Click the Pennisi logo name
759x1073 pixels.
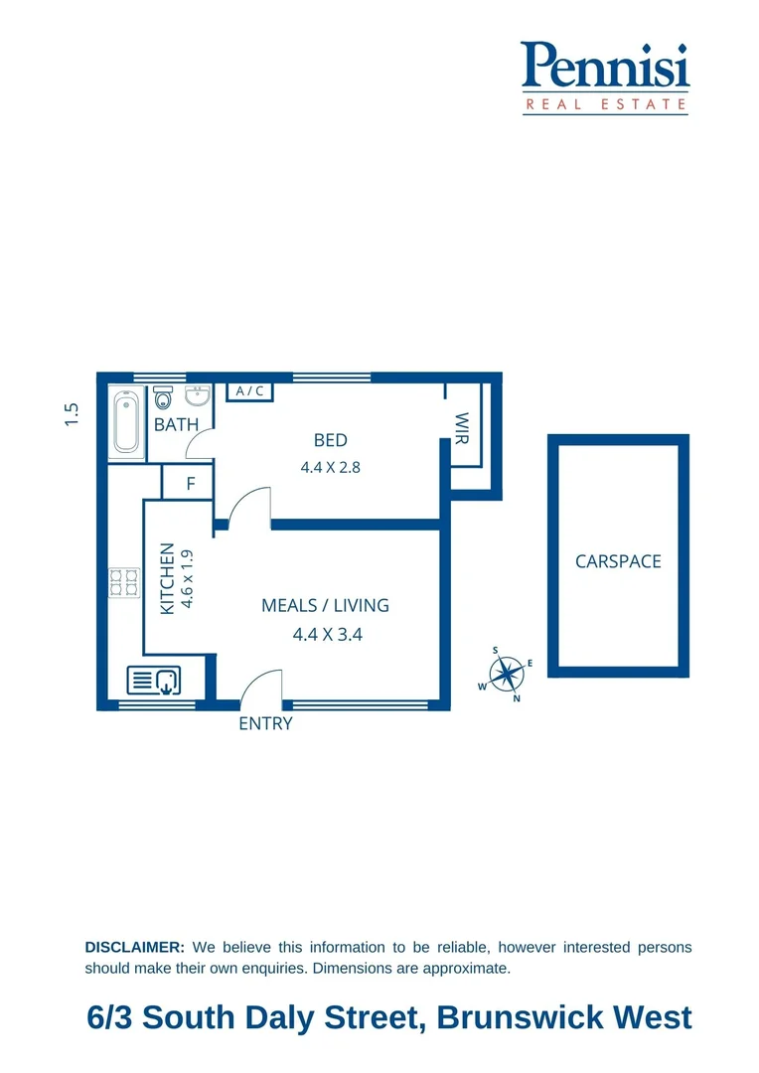(x=605, y=66)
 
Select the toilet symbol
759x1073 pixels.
(x=164, y=400)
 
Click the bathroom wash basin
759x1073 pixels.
(x=199, y=397)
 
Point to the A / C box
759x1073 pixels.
(x=250, y=390)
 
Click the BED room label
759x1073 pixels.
(x=330, y=440)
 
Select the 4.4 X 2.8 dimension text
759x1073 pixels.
(x=330, y=466)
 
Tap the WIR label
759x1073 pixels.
(x=461, y=427)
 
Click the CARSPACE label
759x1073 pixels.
(x=618, y=561)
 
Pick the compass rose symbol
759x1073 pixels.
(x=508, y=674)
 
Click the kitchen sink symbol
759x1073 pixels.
(x=154, y=682)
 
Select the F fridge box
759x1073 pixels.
(x=191, y=485)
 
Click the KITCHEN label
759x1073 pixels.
(x=167, y=578)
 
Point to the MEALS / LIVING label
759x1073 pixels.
(x=325, y=605)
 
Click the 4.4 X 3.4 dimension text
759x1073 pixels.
(x=327, y=634)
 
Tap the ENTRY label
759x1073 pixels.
(x=265, y=723)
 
